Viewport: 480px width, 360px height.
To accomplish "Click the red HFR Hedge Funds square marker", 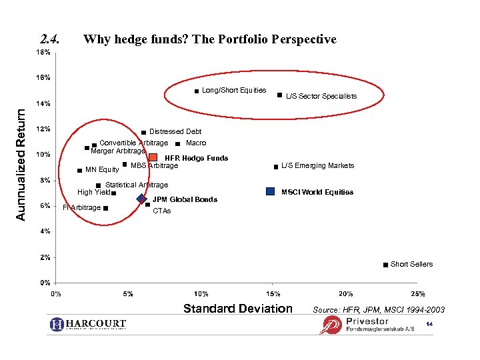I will point(153,157).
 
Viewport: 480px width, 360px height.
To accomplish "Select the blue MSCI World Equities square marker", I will point(270,191).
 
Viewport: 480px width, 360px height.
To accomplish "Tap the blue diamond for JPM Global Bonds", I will point(141,199).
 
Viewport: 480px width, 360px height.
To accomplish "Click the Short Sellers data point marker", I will point(385,265).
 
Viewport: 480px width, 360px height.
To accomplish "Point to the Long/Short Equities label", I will point(234,90).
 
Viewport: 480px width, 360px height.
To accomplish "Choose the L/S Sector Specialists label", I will point(321,96).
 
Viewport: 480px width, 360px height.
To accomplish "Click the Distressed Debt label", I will point(175,131).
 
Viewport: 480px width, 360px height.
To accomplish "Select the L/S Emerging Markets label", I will point(318,165).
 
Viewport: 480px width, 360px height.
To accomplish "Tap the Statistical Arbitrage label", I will point(137,185).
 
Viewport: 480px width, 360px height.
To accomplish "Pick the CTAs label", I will point(162,211).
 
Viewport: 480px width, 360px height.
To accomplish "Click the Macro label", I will point(196,143).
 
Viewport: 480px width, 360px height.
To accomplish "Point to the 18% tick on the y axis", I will point(43,52).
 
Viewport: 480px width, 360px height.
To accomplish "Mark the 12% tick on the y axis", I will point(43,129).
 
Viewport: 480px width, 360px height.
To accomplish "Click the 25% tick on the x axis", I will point(418,293).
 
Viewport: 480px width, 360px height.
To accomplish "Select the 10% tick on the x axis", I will point(201,293).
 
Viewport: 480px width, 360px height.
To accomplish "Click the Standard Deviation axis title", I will point(237,308).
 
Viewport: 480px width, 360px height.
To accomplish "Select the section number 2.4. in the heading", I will point(51,39).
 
